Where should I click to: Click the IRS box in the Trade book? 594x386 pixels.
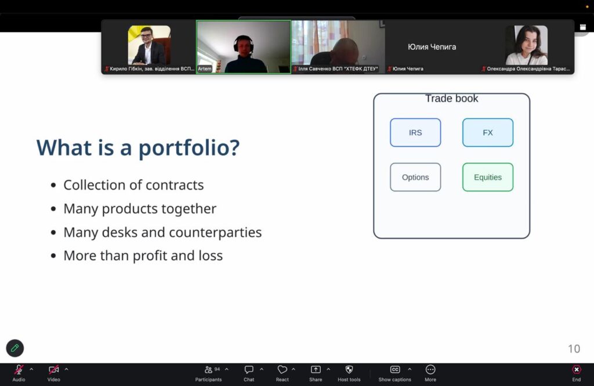coord(415,132)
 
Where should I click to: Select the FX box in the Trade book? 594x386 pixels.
coord(487,132)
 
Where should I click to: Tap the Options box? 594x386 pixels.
coord(415,177)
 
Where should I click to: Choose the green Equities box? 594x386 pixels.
coord(487,177)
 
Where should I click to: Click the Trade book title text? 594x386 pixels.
coord(451,99)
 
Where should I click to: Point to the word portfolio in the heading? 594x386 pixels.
coord(189,148)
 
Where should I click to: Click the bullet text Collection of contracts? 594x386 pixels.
coord(133,185)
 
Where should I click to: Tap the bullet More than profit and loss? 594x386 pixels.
coord(143,255)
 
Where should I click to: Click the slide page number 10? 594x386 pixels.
coord(574,349)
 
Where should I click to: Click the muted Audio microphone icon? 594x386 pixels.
coord(18,369)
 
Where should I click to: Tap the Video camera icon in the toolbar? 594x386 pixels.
coord(53,369)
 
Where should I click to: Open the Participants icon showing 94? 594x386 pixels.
coord(208,369)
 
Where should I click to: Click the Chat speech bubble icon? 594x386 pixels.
coord(249,369)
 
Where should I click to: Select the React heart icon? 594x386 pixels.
coord(282,369)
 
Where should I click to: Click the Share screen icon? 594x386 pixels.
coord(316,369)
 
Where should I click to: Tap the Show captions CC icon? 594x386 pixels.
coord(394,369)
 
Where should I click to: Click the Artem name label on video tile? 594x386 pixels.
coord(205,68)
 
